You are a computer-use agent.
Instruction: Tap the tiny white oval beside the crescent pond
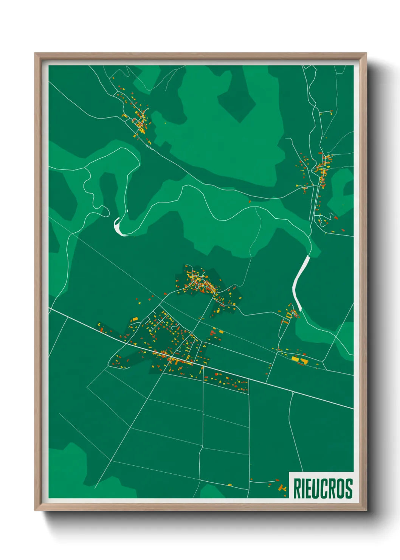pos(127,211)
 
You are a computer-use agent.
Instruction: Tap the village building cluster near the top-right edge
pos(322,170)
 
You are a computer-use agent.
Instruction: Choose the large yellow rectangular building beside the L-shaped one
pos(295,358)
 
